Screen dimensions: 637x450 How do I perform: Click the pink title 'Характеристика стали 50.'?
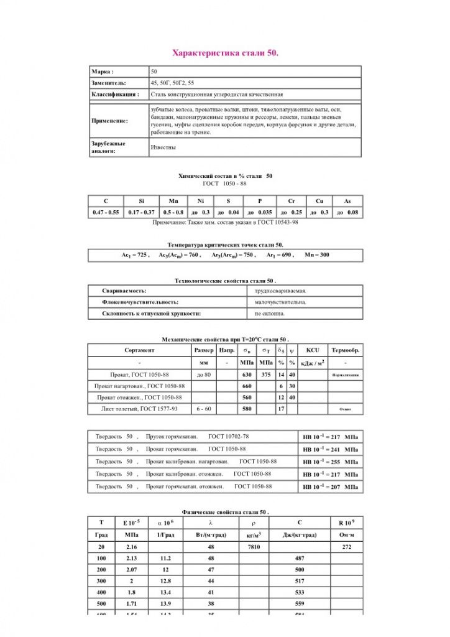(x=225, y=53)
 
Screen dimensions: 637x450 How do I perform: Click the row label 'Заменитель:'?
(x=109, y=83)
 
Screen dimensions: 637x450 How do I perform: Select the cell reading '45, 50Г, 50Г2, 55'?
(x=172, y=83)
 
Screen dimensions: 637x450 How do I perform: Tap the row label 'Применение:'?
(x=110, y=121)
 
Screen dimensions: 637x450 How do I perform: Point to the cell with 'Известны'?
(x=163, y=147)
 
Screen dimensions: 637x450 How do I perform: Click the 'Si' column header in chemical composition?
(x=141, y=201)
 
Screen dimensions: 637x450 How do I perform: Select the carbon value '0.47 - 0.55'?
(x=106, y=213)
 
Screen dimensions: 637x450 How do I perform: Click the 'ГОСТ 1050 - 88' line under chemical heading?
(x=225, y=184)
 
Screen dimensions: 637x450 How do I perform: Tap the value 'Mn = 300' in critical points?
(x=317, y=256)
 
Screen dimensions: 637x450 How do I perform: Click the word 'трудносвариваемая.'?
(x=280, y=291)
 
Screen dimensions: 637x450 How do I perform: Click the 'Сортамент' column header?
(x=139, y=350)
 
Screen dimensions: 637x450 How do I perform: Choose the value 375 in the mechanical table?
(x=266, y=375)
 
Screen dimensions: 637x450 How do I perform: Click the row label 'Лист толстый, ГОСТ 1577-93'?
(x=139, y=409)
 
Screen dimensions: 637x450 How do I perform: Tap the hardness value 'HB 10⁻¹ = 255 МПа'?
(x=330, y=462)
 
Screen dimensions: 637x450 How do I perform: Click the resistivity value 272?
(x=346, y=547)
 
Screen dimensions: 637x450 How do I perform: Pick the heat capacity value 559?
(x=300, y=604)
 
